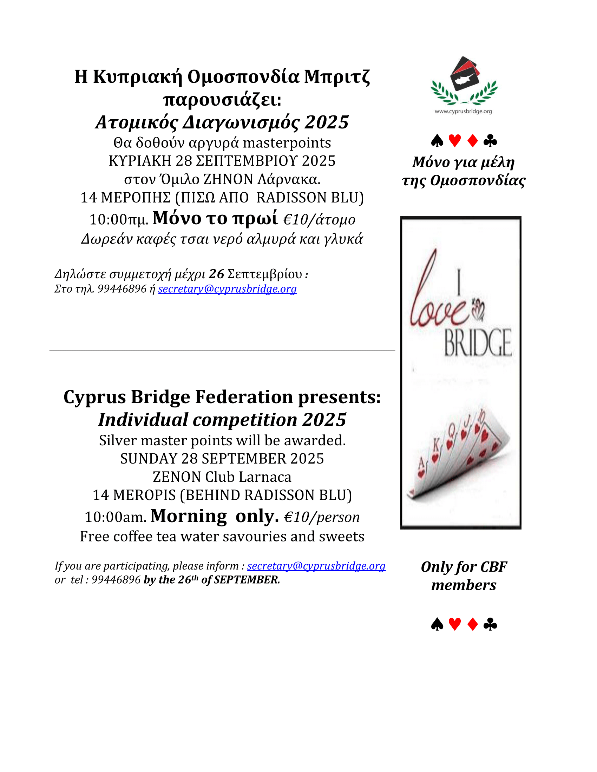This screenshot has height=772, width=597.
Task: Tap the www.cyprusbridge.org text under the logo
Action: tap(463, 111)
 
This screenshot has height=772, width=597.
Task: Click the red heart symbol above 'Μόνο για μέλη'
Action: tap(455, 141)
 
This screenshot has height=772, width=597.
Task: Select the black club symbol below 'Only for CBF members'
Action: tap(490, 624)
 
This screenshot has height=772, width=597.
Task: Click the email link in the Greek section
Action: tap(227, 289)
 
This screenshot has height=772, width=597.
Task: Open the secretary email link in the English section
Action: tap(316, 566)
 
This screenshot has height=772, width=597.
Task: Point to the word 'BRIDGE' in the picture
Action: tap(478, 342)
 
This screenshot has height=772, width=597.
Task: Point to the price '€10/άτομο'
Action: tap(319, 220)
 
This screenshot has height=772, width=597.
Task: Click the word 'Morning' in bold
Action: tap(189, 516)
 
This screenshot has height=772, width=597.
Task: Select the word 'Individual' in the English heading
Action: tap(143, 420)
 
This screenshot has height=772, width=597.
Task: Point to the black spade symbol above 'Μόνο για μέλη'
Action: tap(437, 141)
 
